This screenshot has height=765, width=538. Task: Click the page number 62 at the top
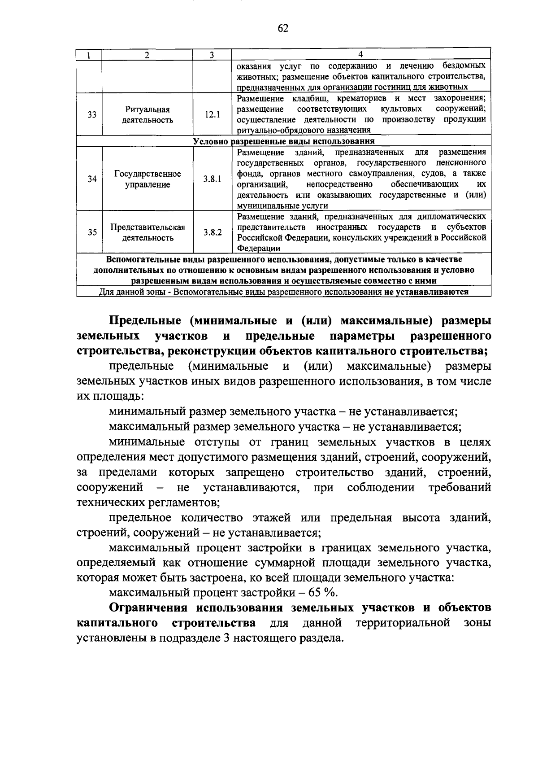click(283, 29)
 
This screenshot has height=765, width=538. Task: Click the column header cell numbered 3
click(212, 55)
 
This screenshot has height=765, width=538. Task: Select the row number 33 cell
click(92, 115)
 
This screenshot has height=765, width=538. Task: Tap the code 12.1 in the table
click(212, 115)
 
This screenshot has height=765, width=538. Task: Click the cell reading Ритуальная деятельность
click(148, 115)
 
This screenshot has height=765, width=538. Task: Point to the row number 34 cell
click(92, 179)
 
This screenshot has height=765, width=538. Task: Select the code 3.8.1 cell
click(212, 179)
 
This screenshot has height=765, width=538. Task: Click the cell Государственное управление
click(148, 179)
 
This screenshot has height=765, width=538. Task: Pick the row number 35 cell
click(92, 232)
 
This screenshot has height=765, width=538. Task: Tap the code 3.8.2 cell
click(212, 232)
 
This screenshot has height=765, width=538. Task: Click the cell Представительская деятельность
click(148, 232)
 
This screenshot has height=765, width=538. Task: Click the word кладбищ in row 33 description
click(305, 99)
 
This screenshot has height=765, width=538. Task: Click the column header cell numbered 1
click(89, 55)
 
